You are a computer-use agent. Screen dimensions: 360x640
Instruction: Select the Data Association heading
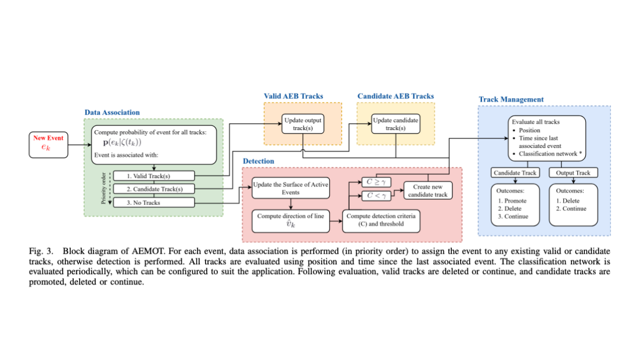(112, 112)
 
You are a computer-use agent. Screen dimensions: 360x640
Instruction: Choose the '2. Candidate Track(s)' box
(153, 189)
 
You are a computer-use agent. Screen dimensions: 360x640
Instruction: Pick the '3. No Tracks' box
(153, 203)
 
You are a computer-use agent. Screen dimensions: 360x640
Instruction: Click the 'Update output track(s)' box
(302, 124)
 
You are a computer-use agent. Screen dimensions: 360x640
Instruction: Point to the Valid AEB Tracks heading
(293, 96)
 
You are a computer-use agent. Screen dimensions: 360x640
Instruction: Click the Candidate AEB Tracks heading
(395, 96)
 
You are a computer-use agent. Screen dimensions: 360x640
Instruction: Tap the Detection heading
(258, 161)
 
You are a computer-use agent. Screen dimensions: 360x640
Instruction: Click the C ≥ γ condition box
(376, 182)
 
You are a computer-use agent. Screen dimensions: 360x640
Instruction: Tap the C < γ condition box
(376, 196)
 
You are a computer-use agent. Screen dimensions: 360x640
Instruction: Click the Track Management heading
(511, 99)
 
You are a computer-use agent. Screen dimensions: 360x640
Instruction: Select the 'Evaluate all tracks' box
(544, 138)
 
